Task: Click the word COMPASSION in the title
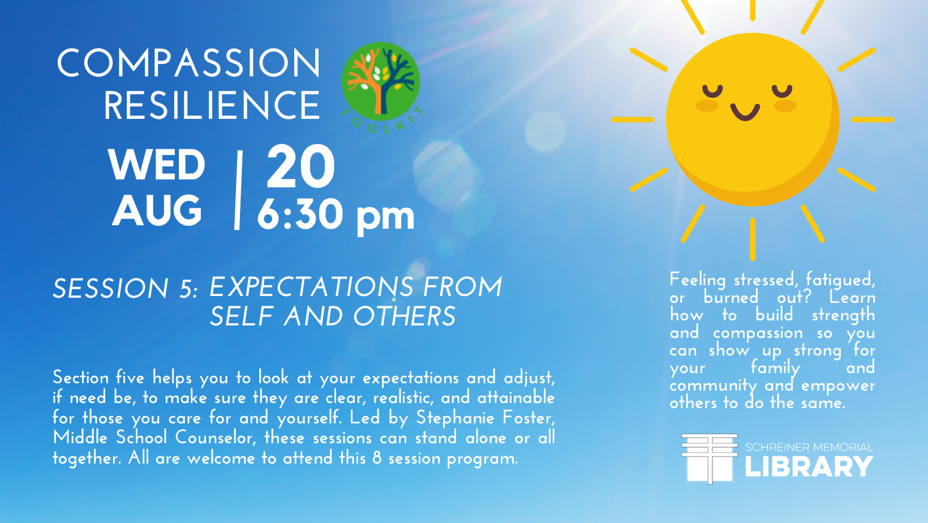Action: pyautogui.click(x=188, y=63)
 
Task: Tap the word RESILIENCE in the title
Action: pyautogui.click(x=212, y=106)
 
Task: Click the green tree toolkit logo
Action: pyautogui.click(x=381, y=82)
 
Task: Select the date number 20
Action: pyautogui.click(x=300, y=166)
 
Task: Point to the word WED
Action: pyautogui.click(x=157, y=165)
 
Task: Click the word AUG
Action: pyautogui.click(x=157, y=210)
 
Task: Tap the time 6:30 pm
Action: pyautogui.click(x=336, y=215)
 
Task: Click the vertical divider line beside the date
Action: pyautogui.click(x=238, y=190)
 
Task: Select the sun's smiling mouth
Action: pyautogui.click(x=745, y=112)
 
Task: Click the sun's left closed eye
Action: pyautogui.click(x=712, y=91)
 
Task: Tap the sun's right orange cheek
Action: pyautogui.click(x=785, y=106)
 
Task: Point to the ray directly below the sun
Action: pyautogui.click(x=753, y=239)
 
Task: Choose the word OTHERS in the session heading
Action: pyautogui.click(x=405, y=316)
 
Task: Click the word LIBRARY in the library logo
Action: pyautogui.click(x=809, y=466)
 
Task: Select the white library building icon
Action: pyautogui.click(x=710, y=458)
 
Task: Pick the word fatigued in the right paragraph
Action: pyautogui.click(x=840, y=281)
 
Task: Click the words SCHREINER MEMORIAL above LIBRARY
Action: pyautogui.click(x=809, y=448)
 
